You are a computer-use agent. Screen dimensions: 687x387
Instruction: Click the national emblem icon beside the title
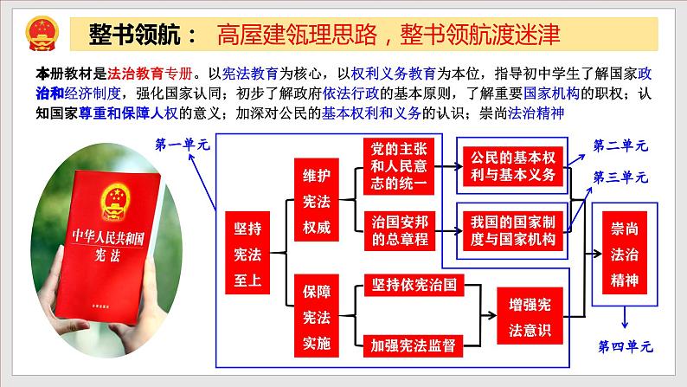[x=42, y=34]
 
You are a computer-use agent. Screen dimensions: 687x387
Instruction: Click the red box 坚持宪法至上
[x=247, y=253]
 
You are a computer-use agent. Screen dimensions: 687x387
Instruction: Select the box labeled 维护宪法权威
[x=317, y=200]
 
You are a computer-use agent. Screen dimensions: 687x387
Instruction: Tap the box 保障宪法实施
[x=317, y=315]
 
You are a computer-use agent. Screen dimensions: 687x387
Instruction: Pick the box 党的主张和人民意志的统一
[x=399, y=166]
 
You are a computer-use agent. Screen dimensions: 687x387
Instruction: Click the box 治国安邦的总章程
[x=399, y=231]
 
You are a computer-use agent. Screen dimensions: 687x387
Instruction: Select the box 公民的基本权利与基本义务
[x=512, y=166]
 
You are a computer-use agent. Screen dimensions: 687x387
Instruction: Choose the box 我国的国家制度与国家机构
[x=512, y=230]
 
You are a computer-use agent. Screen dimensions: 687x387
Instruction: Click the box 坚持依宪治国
[x=414, y=285]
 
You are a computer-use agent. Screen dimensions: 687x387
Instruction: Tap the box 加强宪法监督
[x=414, y=345]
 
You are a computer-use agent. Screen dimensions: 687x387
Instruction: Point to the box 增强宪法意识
[x=530, y=316]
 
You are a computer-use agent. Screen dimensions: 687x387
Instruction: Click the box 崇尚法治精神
[x=625, y=254]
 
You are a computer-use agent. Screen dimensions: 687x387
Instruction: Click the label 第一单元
[x=183, y=145]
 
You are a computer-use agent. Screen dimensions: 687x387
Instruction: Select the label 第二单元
[x=620, y=145]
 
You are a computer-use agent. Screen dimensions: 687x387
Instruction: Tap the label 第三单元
[x=620, y=177]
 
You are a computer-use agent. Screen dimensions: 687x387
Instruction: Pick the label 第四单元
[x=626, y=346]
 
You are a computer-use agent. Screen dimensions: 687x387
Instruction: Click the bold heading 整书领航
[x=134, y=34]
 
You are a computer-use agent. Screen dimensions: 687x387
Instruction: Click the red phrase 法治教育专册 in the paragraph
[x=150, y=74]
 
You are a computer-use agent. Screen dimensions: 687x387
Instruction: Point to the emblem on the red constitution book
[x=116, y=202]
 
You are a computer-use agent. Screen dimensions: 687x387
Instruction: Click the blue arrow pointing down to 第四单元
[x=625, y=318]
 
